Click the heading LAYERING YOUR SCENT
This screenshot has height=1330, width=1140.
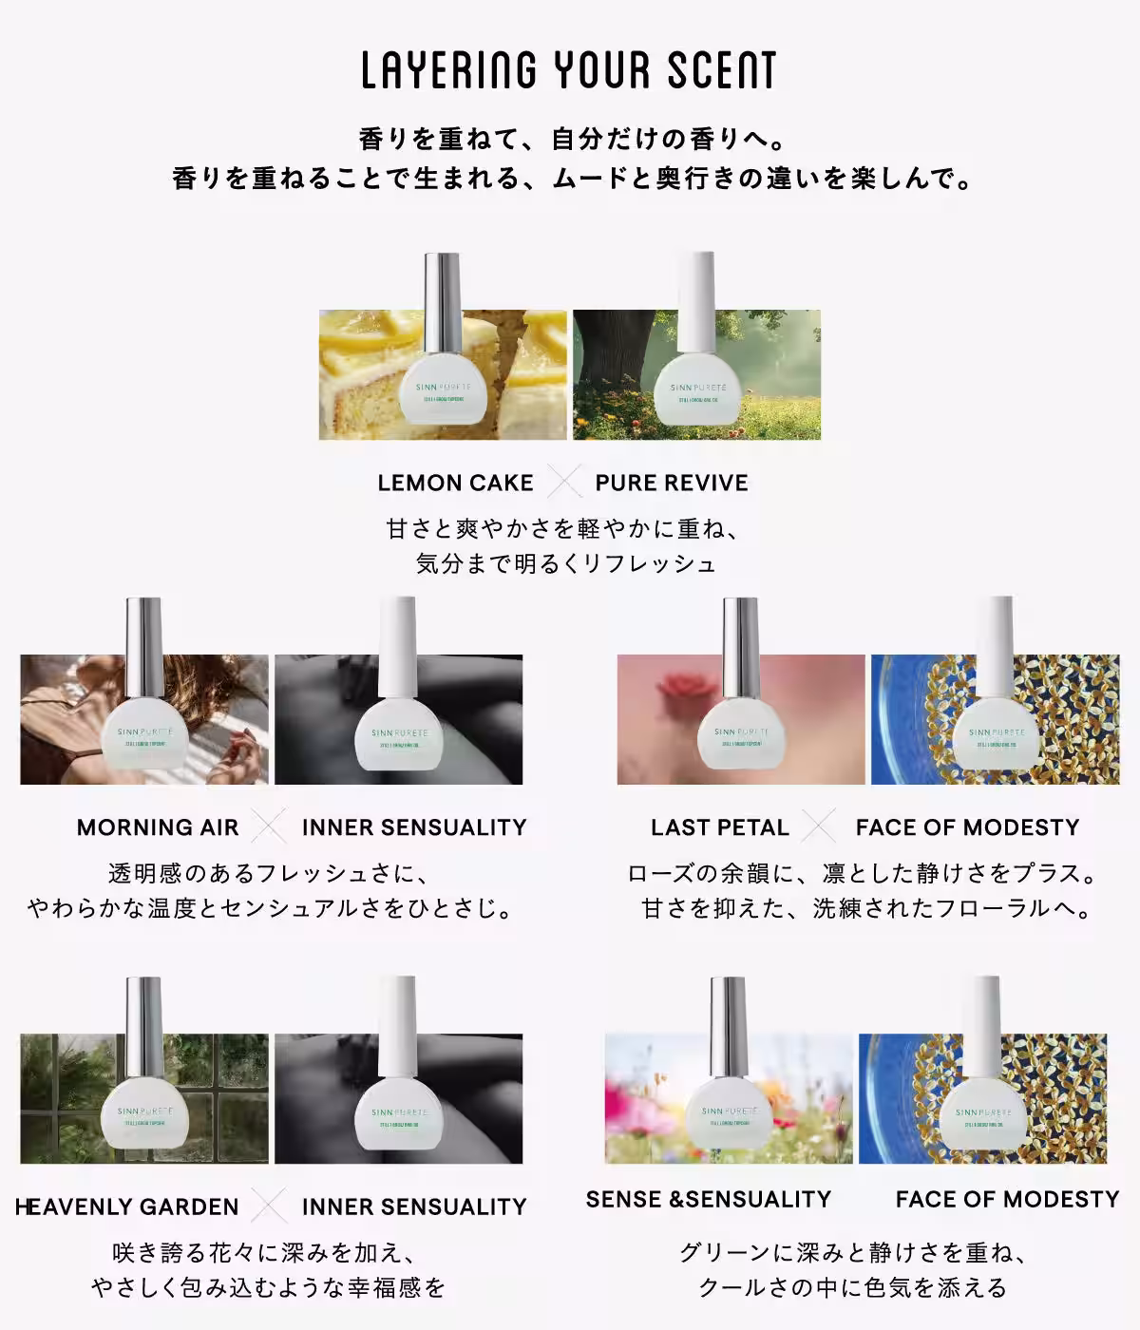pos(569,71)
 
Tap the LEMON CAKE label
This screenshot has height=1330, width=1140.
pos(455,483)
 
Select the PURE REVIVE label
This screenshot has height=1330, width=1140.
pos(672,483)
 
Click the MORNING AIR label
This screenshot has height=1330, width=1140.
pos(158,827)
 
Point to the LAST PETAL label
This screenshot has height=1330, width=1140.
pos(720,827)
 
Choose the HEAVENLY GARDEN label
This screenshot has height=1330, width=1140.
pos(127,1206)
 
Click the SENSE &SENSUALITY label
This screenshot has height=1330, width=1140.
pos(709,1199)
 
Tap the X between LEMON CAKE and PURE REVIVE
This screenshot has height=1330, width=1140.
pos(564,483)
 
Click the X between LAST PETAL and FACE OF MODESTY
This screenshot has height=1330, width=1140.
pos(818,826)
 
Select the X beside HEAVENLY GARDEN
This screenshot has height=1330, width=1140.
pos(270,1206)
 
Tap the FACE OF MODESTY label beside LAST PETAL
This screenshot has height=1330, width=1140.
pos(967,827)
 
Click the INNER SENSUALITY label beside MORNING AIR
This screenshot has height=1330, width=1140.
pos(414,827)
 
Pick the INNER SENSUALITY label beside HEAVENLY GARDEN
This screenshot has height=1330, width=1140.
pos(414,1206)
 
